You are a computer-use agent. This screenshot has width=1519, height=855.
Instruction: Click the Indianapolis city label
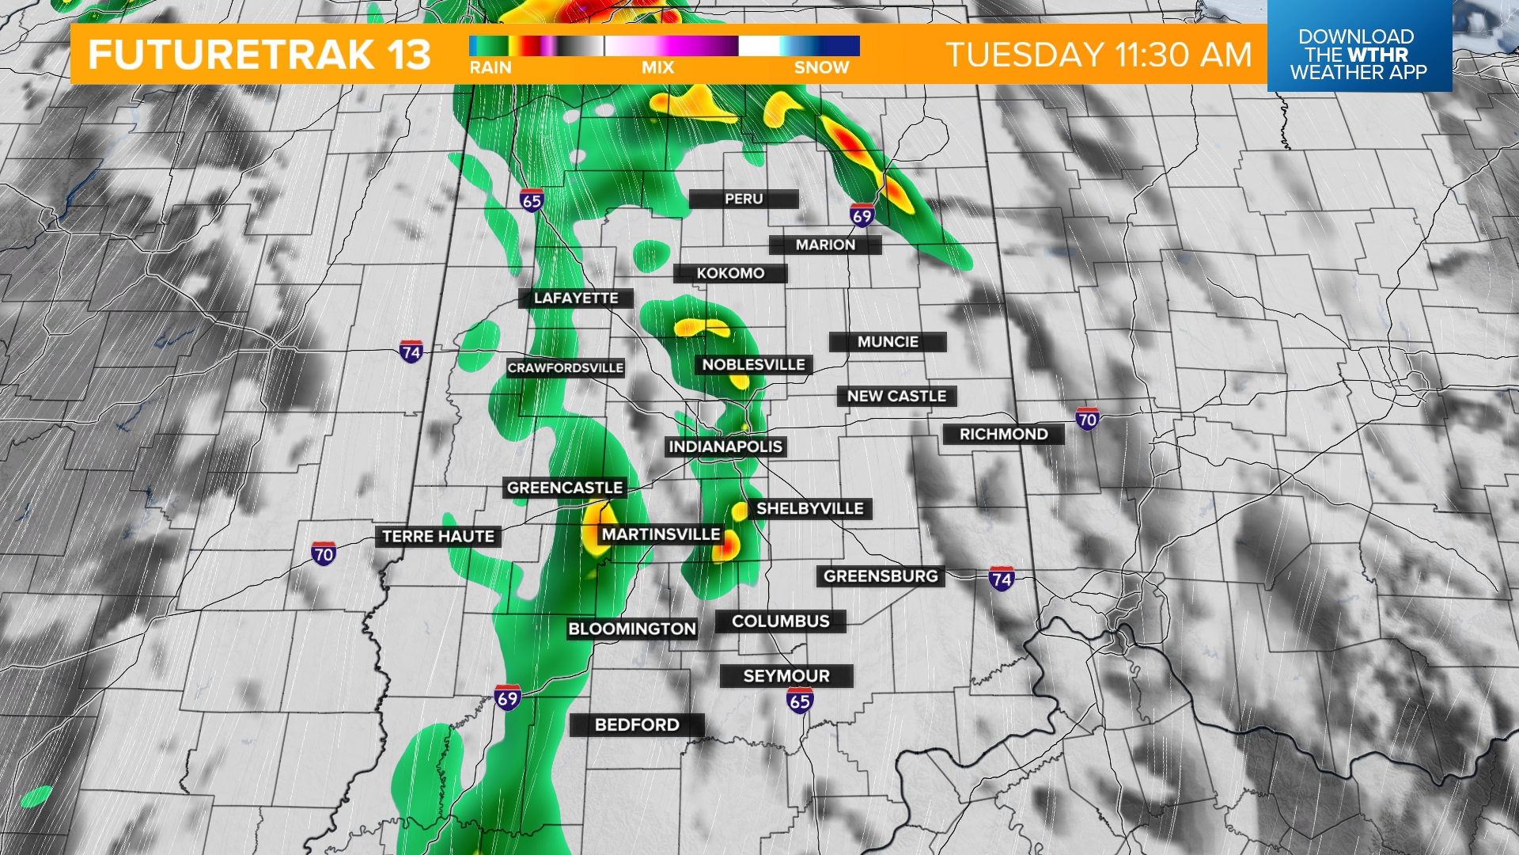click(725, 446)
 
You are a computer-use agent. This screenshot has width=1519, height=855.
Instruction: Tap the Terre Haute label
click(438, 537)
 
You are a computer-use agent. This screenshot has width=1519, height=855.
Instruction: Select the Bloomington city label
click(632, 629)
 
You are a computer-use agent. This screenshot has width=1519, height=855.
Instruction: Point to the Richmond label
click(1003, 434)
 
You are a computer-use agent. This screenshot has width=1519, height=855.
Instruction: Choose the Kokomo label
click(730, 273)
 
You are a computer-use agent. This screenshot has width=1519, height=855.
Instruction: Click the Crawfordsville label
click(566, 368)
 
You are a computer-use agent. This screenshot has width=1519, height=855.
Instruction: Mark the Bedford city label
click(637, 724)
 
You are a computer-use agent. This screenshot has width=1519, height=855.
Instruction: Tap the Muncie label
click(888, 342)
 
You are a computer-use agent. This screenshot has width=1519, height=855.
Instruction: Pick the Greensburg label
click(881, 576)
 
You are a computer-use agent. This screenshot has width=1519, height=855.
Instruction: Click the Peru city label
click(744, 199)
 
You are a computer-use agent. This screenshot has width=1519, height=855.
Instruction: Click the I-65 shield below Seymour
click(800, 700)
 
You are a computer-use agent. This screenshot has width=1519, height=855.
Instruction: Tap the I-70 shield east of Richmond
click(1087, 419)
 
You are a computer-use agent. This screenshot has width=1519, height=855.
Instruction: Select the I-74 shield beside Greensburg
click(1002, 579)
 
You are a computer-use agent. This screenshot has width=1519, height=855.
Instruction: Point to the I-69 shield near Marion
click(862, 215)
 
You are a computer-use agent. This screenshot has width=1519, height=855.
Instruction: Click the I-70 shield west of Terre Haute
click(324, 553)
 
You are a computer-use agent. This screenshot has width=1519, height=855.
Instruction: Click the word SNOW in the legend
click(821, 68)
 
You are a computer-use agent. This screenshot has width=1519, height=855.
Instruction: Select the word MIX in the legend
click(657, 68)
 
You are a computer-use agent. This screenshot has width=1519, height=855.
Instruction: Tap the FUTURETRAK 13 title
click(259, 55)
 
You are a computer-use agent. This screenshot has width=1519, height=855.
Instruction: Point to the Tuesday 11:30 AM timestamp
click(1099, 55)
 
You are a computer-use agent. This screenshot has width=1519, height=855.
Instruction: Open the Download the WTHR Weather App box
click(1358, 54)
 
